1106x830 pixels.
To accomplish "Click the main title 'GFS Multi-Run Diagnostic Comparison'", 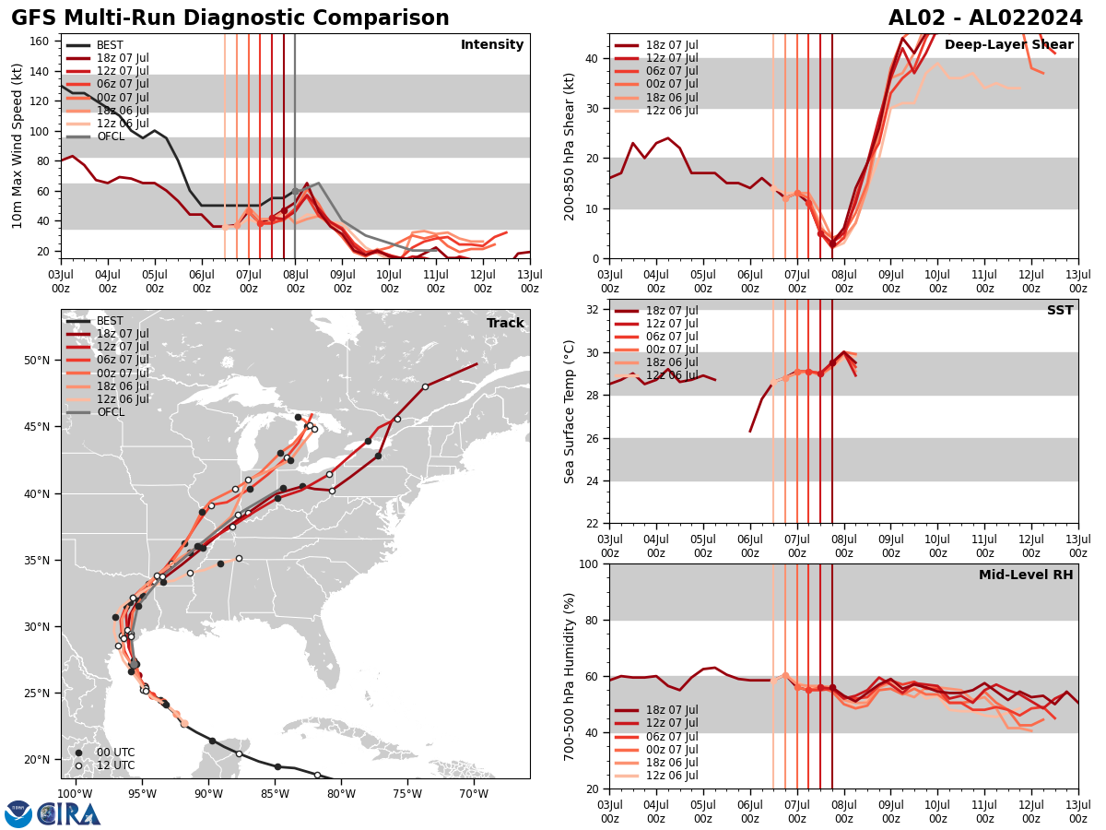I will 230,18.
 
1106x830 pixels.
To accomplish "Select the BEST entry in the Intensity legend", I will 109,45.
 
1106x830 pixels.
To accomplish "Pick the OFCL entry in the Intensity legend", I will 110,136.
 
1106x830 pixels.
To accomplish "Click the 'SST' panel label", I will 1060,311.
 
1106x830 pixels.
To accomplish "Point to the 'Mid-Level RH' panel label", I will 1026,575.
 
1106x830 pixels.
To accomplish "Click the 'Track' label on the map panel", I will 505,324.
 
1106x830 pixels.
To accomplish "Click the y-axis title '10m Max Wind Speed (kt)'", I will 18,146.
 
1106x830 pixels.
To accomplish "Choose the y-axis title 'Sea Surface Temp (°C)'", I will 570,411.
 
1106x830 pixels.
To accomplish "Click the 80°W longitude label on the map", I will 341,792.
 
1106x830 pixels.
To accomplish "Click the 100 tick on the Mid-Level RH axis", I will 591,563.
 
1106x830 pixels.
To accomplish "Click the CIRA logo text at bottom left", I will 69,813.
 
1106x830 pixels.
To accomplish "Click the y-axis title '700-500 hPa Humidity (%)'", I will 570,677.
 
